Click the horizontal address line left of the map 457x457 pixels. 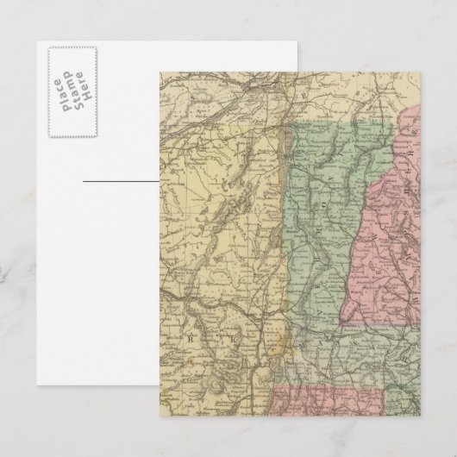pos(121,182)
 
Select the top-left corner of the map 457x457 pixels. pos(160,71)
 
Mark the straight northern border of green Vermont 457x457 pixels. pos(336,122)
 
